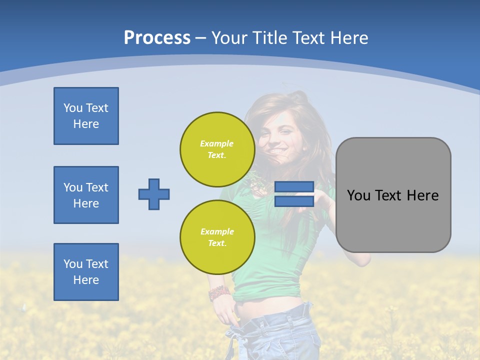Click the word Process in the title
[x=157, y=38]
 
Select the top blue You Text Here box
[x=86, y=116]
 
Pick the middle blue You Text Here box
[x=86, y=195]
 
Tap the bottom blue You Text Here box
[x=86, y=272]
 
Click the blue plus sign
[x=154, y=194]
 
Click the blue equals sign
[x=294, y=194]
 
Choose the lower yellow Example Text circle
[x=217, y=237]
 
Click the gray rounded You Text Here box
[x=393, y=195]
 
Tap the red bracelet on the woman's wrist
[x=219, y=293]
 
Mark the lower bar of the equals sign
[x=294, y=201]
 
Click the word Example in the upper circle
[x=217, y=143]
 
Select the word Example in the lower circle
[x=217, y=231]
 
